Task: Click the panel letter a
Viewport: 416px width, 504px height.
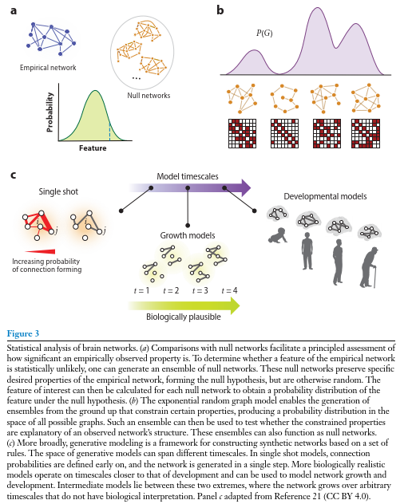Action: click(14, 10)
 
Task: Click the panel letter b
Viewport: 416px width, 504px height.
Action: click(220, 10)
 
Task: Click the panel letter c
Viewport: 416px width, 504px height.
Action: click(14, 175)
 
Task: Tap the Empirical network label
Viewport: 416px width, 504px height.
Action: click(48, 68)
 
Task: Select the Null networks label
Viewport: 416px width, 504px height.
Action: click(149, 96)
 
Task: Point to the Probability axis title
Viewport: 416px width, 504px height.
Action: click(50, 112)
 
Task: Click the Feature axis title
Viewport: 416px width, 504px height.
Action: click(93, 148)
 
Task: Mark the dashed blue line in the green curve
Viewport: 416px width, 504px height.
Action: click(109, 132)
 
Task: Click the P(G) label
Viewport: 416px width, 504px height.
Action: click(264, 33)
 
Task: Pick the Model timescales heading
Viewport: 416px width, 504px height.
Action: click(188, 176)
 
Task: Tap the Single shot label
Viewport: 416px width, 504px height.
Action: click(58, 191)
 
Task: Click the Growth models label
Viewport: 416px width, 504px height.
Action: click(188, 235)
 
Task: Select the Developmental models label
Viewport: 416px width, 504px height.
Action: click(325, 196)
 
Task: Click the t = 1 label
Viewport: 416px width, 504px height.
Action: click(141, 290)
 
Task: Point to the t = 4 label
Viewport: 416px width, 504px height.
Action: click(229, 290)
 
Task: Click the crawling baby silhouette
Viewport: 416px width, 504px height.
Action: click(278, 235)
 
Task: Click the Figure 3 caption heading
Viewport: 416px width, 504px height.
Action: click(23, 333)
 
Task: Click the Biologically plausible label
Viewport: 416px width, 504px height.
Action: click(184, 317)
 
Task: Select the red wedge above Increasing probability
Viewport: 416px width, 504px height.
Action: click(40, 252)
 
